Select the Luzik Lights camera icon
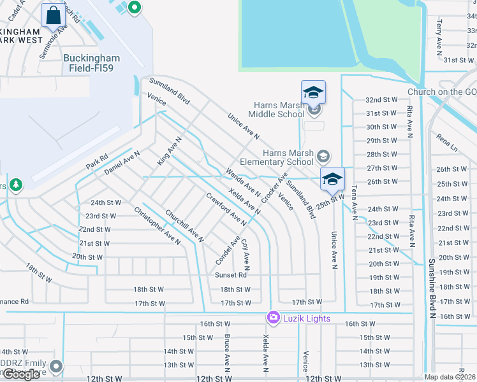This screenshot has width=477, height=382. pos(274,317)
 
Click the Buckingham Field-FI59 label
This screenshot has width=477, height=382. pos(88,62)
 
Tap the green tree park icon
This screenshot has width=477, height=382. pos(16,185)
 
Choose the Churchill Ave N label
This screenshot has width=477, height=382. pos(184,227)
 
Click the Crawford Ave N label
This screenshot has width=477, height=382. pos(226,210)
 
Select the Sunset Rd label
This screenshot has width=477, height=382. pos(230,276)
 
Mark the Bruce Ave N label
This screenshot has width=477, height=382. pos(226,354)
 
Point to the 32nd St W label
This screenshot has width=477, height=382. pos(381,100)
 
